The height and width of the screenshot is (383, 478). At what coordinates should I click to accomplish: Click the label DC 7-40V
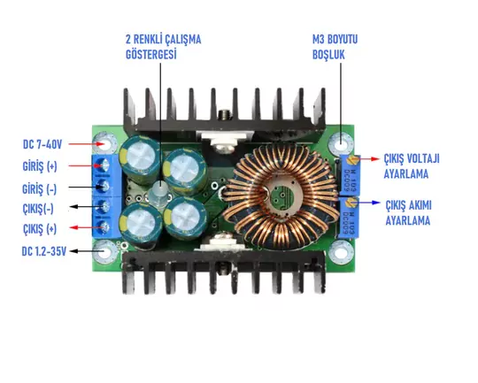click(x=42, y=144)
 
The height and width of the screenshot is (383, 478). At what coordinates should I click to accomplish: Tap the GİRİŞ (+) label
click(x=40, y=166)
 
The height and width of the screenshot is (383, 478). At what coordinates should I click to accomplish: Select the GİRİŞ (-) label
click(x=39, y=189)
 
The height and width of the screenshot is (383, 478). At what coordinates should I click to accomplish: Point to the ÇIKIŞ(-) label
click(x=38, y=209)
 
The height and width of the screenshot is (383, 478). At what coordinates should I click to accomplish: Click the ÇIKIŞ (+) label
click(x=40, y=229)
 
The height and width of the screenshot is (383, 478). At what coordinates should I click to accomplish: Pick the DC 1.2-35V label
click(x=44, y=251)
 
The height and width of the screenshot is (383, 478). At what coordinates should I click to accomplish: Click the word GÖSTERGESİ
click(x=151, y=55)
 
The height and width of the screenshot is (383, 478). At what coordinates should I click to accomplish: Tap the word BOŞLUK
click(x=328, y=55)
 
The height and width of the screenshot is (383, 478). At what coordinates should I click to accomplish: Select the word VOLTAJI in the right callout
click(x=423, y=158)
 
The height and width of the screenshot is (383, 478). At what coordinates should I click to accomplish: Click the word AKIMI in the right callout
click(x=420, y=205)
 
